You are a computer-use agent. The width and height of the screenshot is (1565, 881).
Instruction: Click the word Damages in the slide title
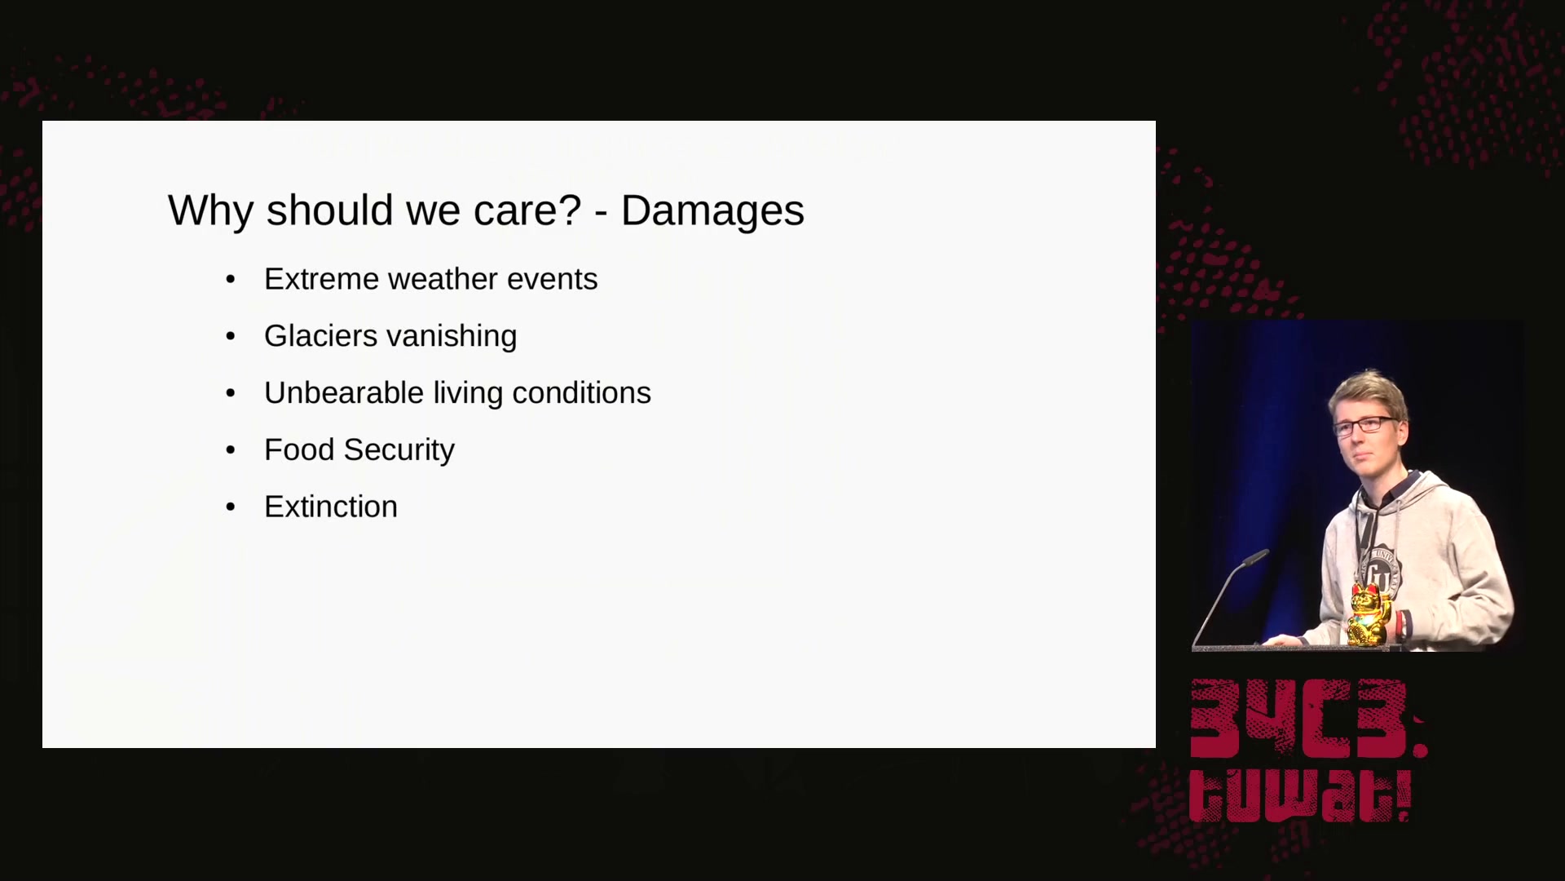712,211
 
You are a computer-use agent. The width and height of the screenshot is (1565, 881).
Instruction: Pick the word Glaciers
321,336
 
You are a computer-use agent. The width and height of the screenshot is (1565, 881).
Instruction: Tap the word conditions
581,393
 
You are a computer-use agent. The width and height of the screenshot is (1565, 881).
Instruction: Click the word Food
299,449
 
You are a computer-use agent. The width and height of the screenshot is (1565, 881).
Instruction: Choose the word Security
399,451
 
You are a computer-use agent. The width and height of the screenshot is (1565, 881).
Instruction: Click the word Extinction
331,507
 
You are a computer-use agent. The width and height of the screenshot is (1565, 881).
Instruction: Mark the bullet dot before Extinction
231,507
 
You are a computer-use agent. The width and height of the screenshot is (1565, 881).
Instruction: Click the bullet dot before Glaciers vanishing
231,336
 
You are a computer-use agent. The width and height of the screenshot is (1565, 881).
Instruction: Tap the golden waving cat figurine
1369,614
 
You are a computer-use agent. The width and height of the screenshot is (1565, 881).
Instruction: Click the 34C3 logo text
1308,719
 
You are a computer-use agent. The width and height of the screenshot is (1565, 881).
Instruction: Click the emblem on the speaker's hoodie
1380,571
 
